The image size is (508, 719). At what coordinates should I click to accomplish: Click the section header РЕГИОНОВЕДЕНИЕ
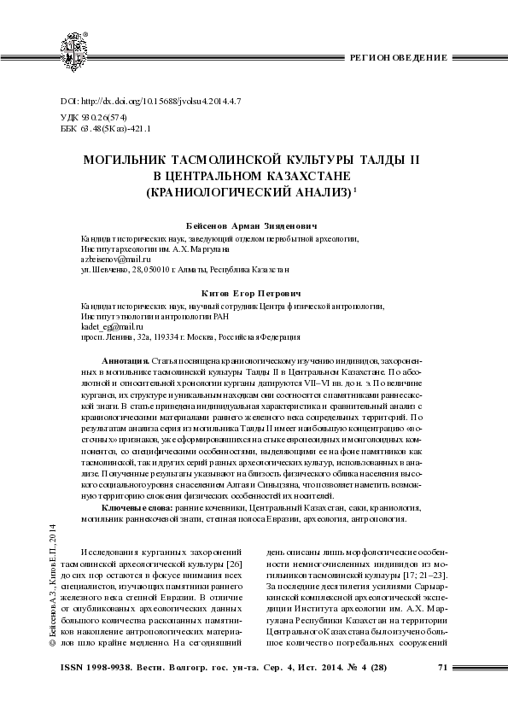tap(400, 56)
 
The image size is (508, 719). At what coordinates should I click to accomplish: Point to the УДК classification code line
tap(101, 117)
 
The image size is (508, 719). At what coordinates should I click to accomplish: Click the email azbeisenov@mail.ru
tap(114, 257)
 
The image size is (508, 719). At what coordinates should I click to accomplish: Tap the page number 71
tap(442, 666)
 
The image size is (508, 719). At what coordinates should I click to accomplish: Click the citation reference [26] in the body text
tap(239, 553)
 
